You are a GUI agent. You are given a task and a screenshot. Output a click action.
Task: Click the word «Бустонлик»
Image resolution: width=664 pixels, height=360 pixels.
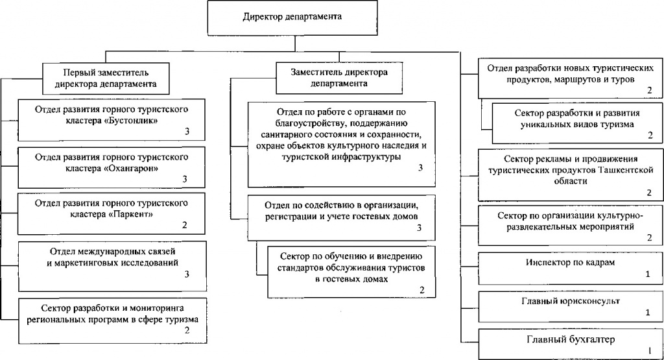coord(134,121)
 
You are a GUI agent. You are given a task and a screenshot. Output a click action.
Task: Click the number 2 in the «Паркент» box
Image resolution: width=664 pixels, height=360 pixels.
coord(185,226)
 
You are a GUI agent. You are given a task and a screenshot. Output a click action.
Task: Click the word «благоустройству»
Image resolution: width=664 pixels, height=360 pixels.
coord(311,123)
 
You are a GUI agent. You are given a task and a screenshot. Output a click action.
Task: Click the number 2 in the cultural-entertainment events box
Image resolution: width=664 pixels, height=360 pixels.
coord(649,239)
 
